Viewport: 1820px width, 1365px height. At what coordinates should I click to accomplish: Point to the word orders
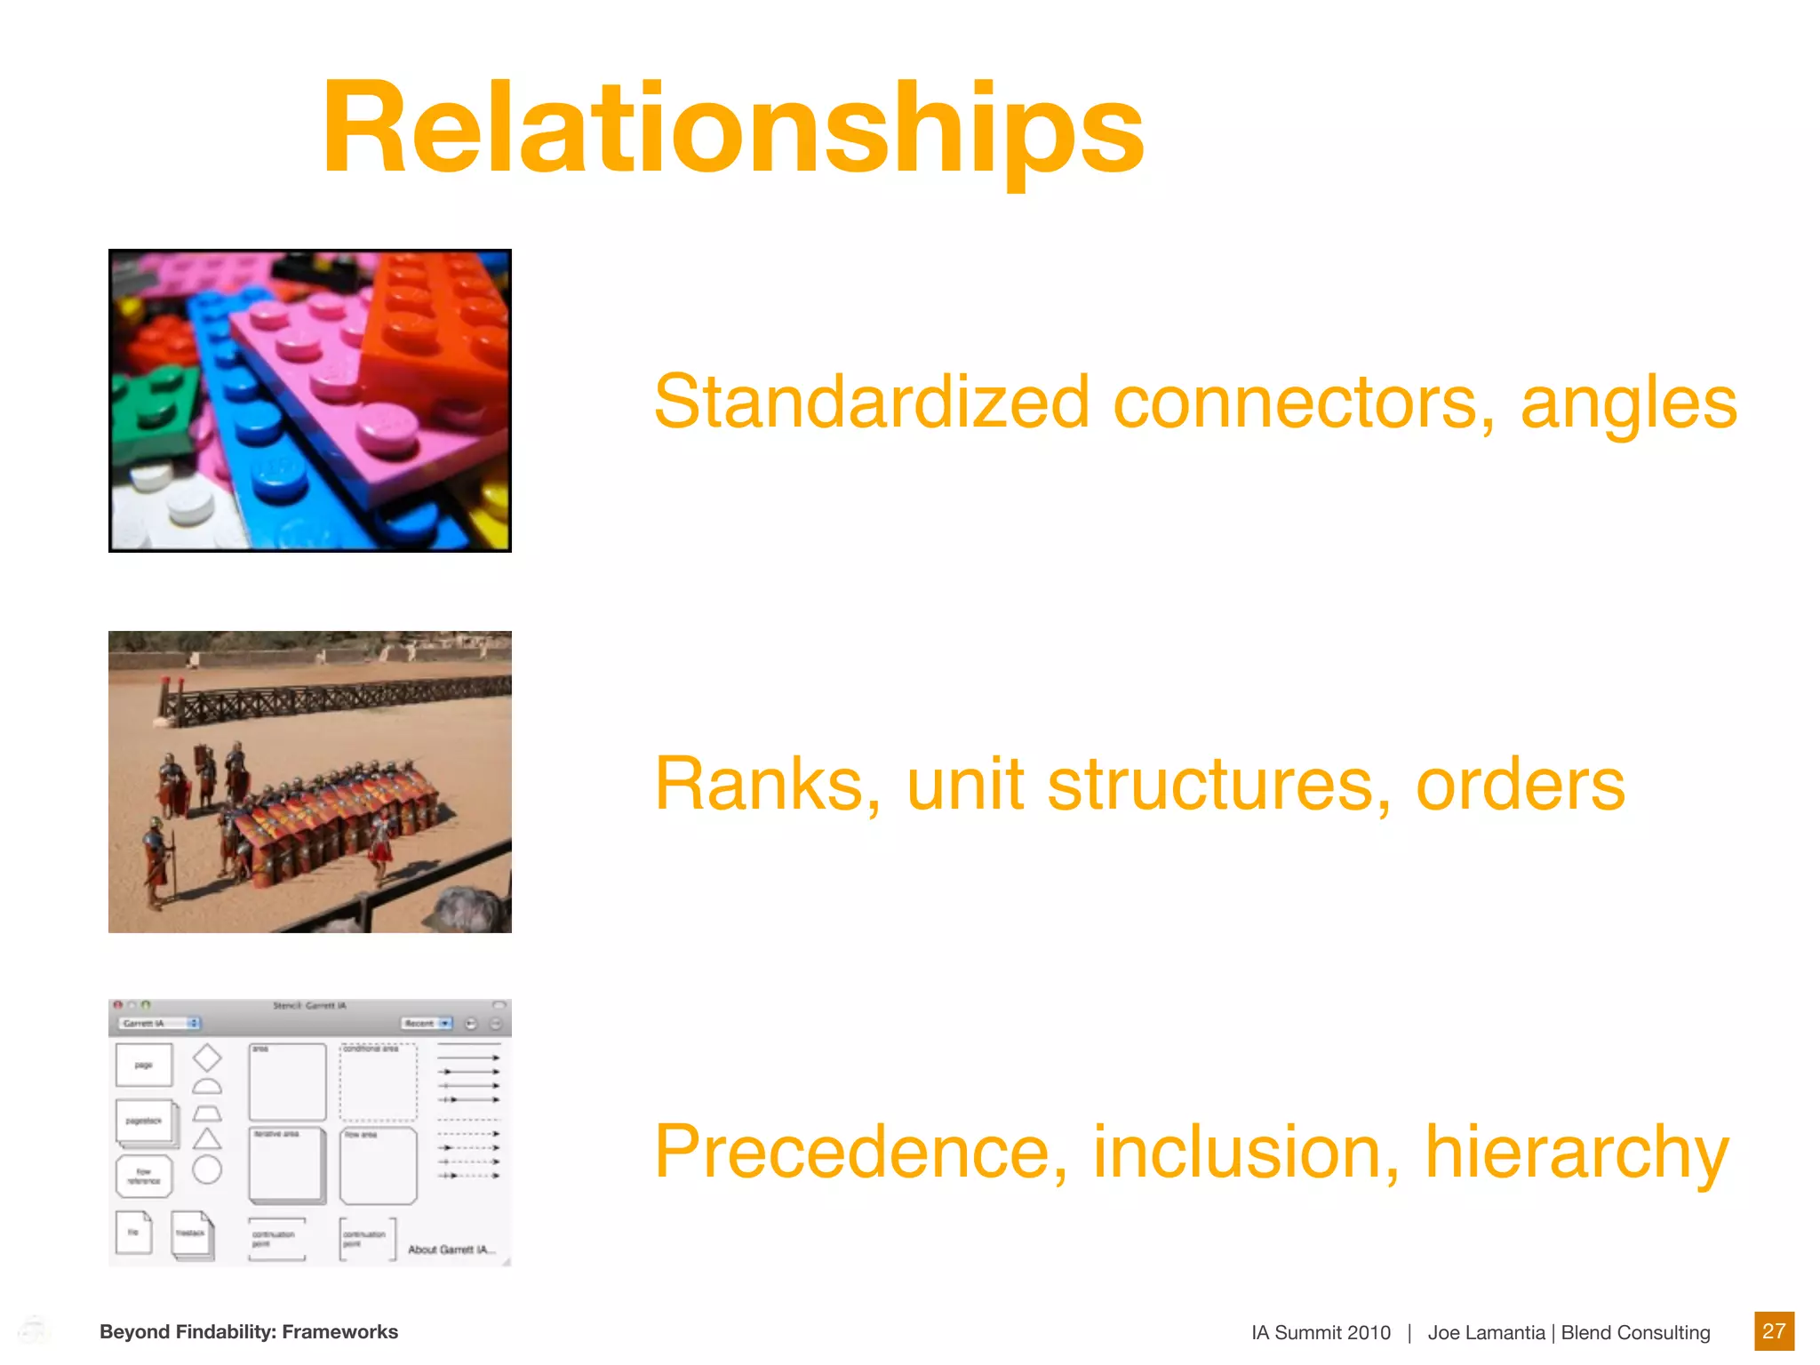tap(1520, 784)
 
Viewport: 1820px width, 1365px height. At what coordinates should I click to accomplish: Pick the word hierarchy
tap(1577, 1153)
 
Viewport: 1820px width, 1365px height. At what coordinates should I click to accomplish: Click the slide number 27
tap(1773, 1330)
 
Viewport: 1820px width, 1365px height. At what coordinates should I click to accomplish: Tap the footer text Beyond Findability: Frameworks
tap(249, 1331)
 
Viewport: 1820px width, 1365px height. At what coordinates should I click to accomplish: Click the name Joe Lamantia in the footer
tap(1486, 1332)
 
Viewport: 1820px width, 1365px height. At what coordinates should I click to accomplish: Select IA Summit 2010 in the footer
tap(1321, 1332)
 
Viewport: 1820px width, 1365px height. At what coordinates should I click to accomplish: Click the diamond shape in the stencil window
tap(207, 1058)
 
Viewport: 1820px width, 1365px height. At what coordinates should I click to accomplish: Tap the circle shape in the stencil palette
tap(207, 1169)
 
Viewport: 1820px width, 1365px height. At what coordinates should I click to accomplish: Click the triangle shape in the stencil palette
tap(207, 1139)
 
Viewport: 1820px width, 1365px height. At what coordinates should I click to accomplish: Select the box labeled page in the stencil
tap(144, 1065)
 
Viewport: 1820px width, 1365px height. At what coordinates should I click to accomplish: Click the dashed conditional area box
tap(378, 1082)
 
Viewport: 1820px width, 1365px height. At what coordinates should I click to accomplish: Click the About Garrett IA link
tap(451, 1249)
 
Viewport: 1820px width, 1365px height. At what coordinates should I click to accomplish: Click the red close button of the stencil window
tap(118, 1005)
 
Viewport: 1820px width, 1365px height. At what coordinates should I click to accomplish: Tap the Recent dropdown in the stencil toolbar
tap(427, 1024)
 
